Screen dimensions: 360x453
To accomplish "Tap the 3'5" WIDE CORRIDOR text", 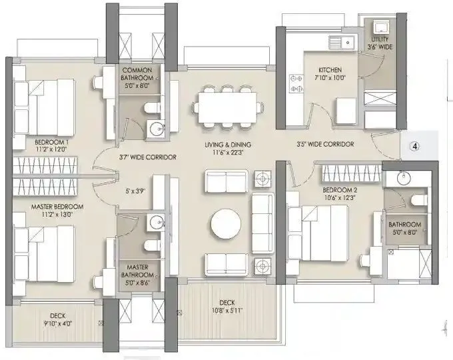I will (325, 144).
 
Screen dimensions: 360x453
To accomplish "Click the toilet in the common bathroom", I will (153, 108).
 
